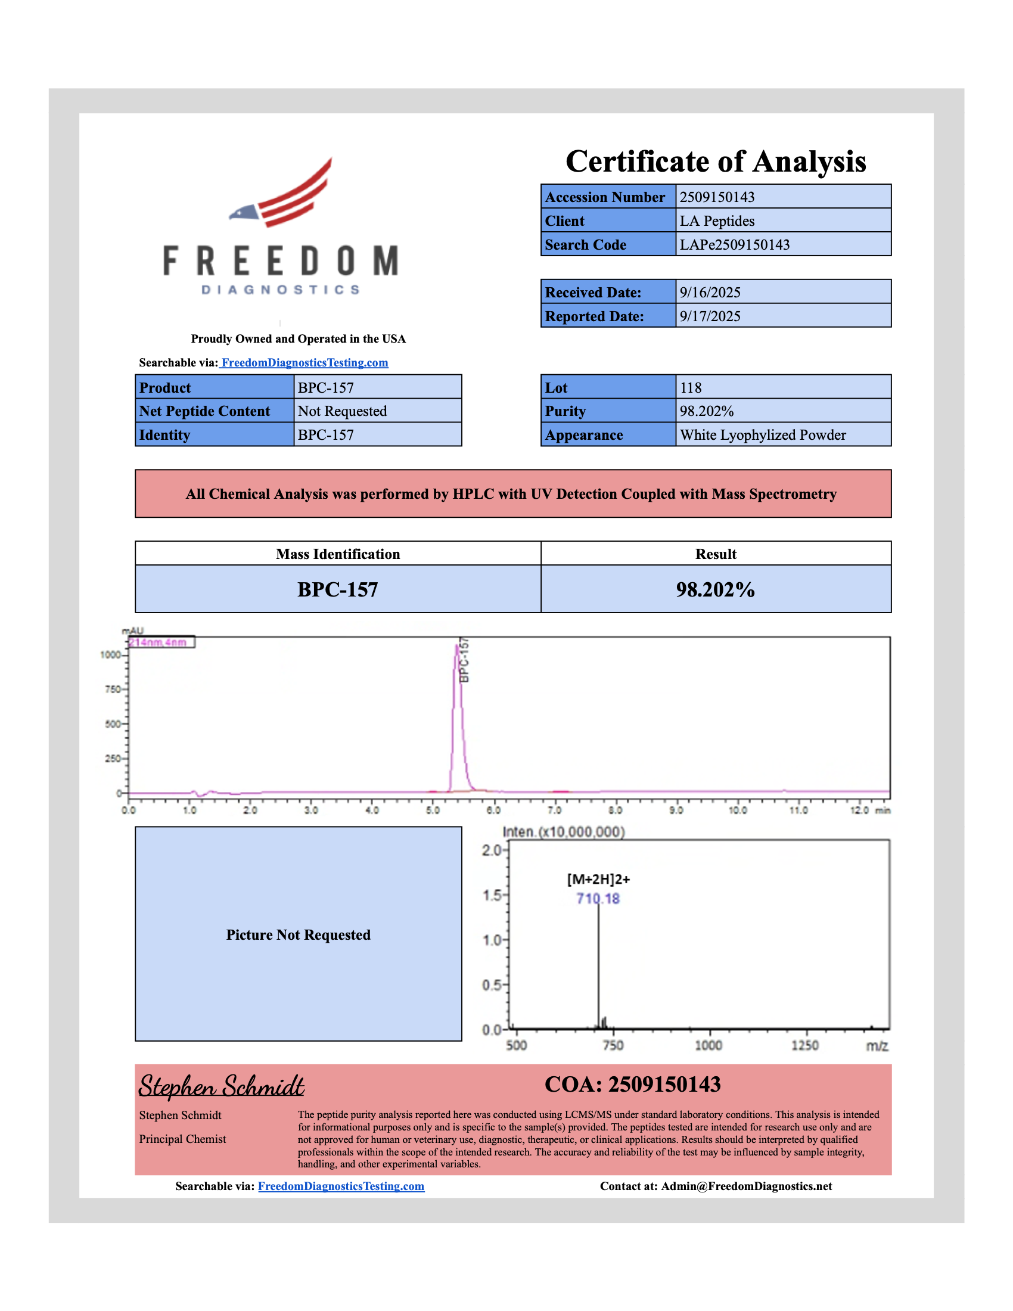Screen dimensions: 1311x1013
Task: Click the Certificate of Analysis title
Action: click(x=715, y=161)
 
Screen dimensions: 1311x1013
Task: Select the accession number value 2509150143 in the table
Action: click(x=716, y=197)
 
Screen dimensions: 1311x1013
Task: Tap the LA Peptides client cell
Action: click(x=716, y=221)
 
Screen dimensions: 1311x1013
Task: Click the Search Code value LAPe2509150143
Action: click(x=734, y=244)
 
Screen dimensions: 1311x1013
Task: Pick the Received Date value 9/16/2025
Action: click(x=710, y=293)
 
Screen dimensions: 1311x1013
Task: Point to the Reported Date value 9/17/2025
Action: click(x=710, y=316)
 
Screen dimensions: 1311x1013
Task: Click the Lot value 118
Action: click(x=691, y=388)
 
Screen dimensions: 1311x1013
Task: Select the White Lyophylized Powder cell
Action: click(x=762, y=435)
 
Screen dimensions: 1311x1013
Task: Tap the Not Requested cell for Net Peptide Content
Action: click(x=342, y=411)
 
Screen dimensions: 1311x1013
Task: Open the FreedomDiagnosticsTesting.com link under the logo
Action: click(x=304, y=362)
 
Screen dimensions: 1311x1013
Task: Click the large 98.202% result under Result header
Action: click(x=715, y=589)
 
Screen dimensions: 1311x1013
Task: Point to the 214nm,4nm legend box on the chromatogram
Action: click(x=161, y=642)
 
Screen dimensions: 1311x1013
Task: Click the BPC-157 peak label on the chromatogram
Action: click(x=464, y=660)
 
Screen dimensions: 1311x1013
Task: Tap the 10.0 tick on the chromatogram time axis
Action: click(x=738, y=810)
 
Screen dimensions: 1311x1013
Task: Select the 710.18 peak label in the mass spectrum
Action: click(x=598, y=899)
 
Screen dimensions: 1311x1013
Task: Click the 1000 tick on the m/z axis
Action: click(x=708, y=1046)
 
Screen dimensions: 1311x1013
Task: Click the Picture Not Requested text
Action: click(x=299, y=934)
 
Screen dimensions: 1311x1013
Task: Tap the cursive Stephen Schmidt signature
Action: click(x=222, y=1086)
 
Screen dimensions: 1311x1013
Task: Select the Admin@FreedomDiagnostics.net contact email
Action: click(x=746, y=1186)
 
